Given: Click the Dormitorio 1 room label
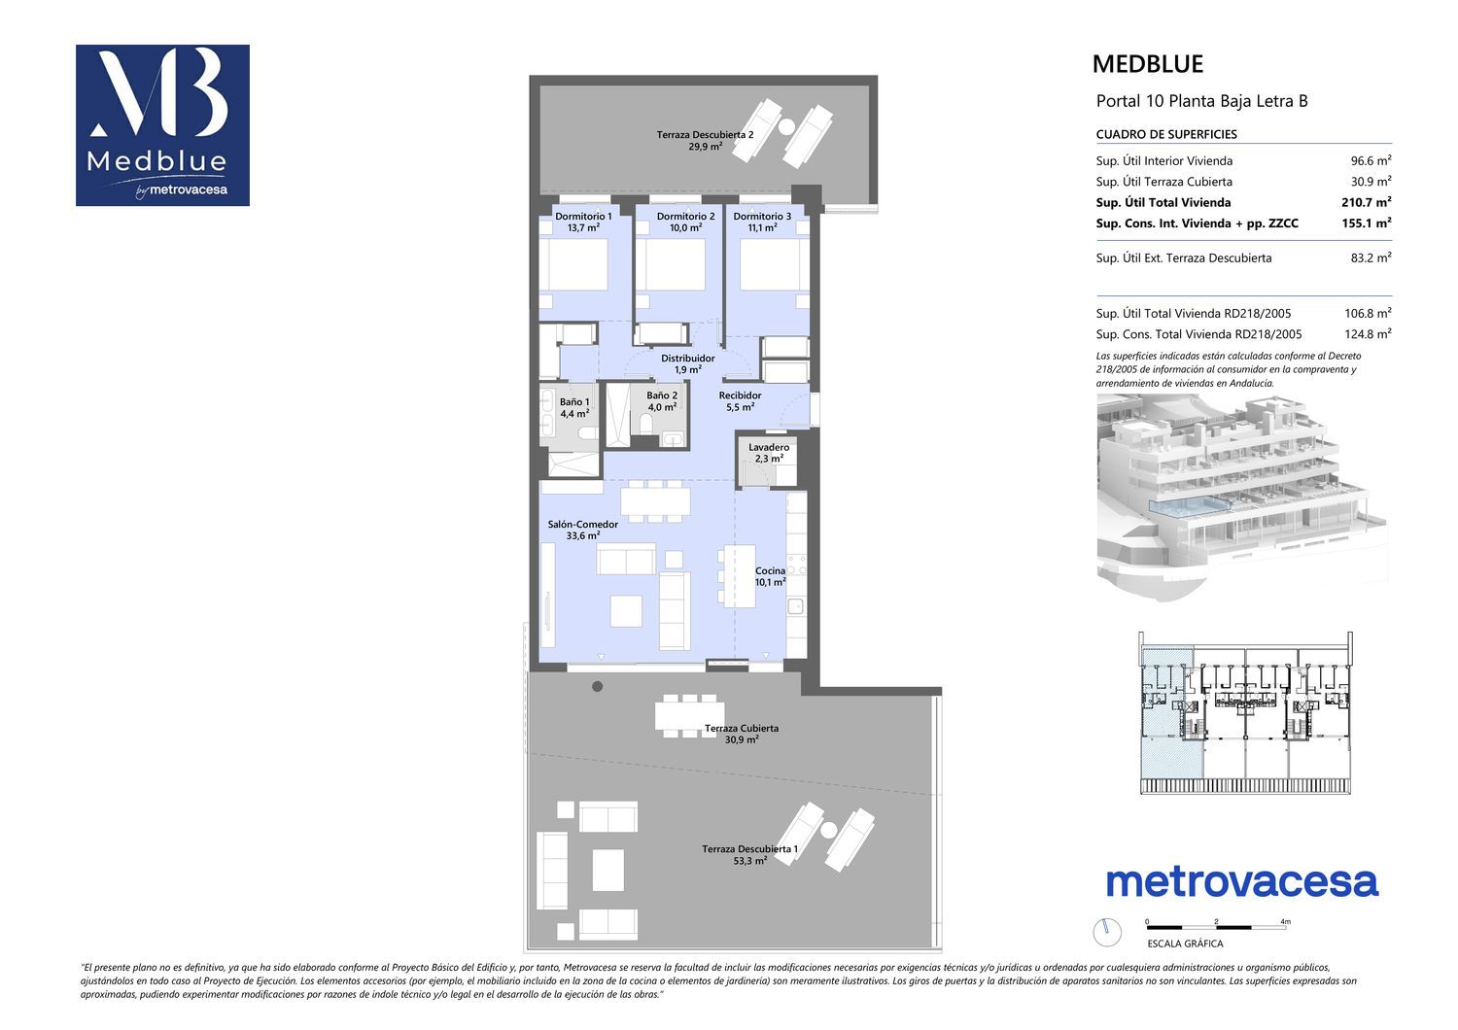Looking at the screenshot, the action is tap(582, 216).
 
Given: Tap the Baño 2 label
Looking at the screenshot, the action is tap(661, 395).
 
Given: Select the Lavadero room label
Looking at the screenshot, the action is tap(769, 447).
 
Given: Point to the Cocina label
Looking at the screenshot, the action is tap(770, 570).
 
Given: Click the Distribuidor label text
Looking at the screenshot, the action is tap(687, 358).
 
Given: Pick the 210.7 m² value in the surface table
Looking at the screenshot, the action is tap(1367, 202).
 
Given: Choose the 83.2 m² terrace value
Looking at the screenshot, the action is tap(1371, 257).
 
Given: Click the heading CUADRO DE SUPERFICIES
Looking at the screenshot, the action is tap(1166, 134).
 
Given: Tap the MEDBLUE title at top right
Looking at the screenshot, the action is tap(1148, 64).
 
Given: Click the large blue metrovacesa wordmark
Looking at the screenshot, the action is tap(1242, 882).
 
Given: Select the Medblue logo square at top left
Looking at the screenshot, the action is tap(162, 125).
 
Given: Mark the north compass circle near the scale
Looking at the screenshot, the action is tap(1106, 932).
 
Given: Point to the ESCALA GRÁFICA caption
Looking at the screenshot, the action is tap(1185, 944).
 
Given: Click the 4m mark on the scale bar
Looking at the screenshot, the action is tap(1285, 921).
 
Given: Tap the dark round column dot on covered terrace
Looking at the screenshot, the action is tap(597, 686).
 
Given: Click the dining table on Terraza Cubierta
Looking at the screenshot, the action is tap(688, 715).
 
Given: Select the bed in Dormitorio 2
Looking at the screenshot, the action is tap(671, 264).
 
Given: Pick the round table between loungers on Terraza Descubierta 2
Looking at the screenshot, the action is tap(786, 125).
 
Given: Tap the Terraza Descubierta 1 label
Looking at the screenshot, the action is tap(749, 848).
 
